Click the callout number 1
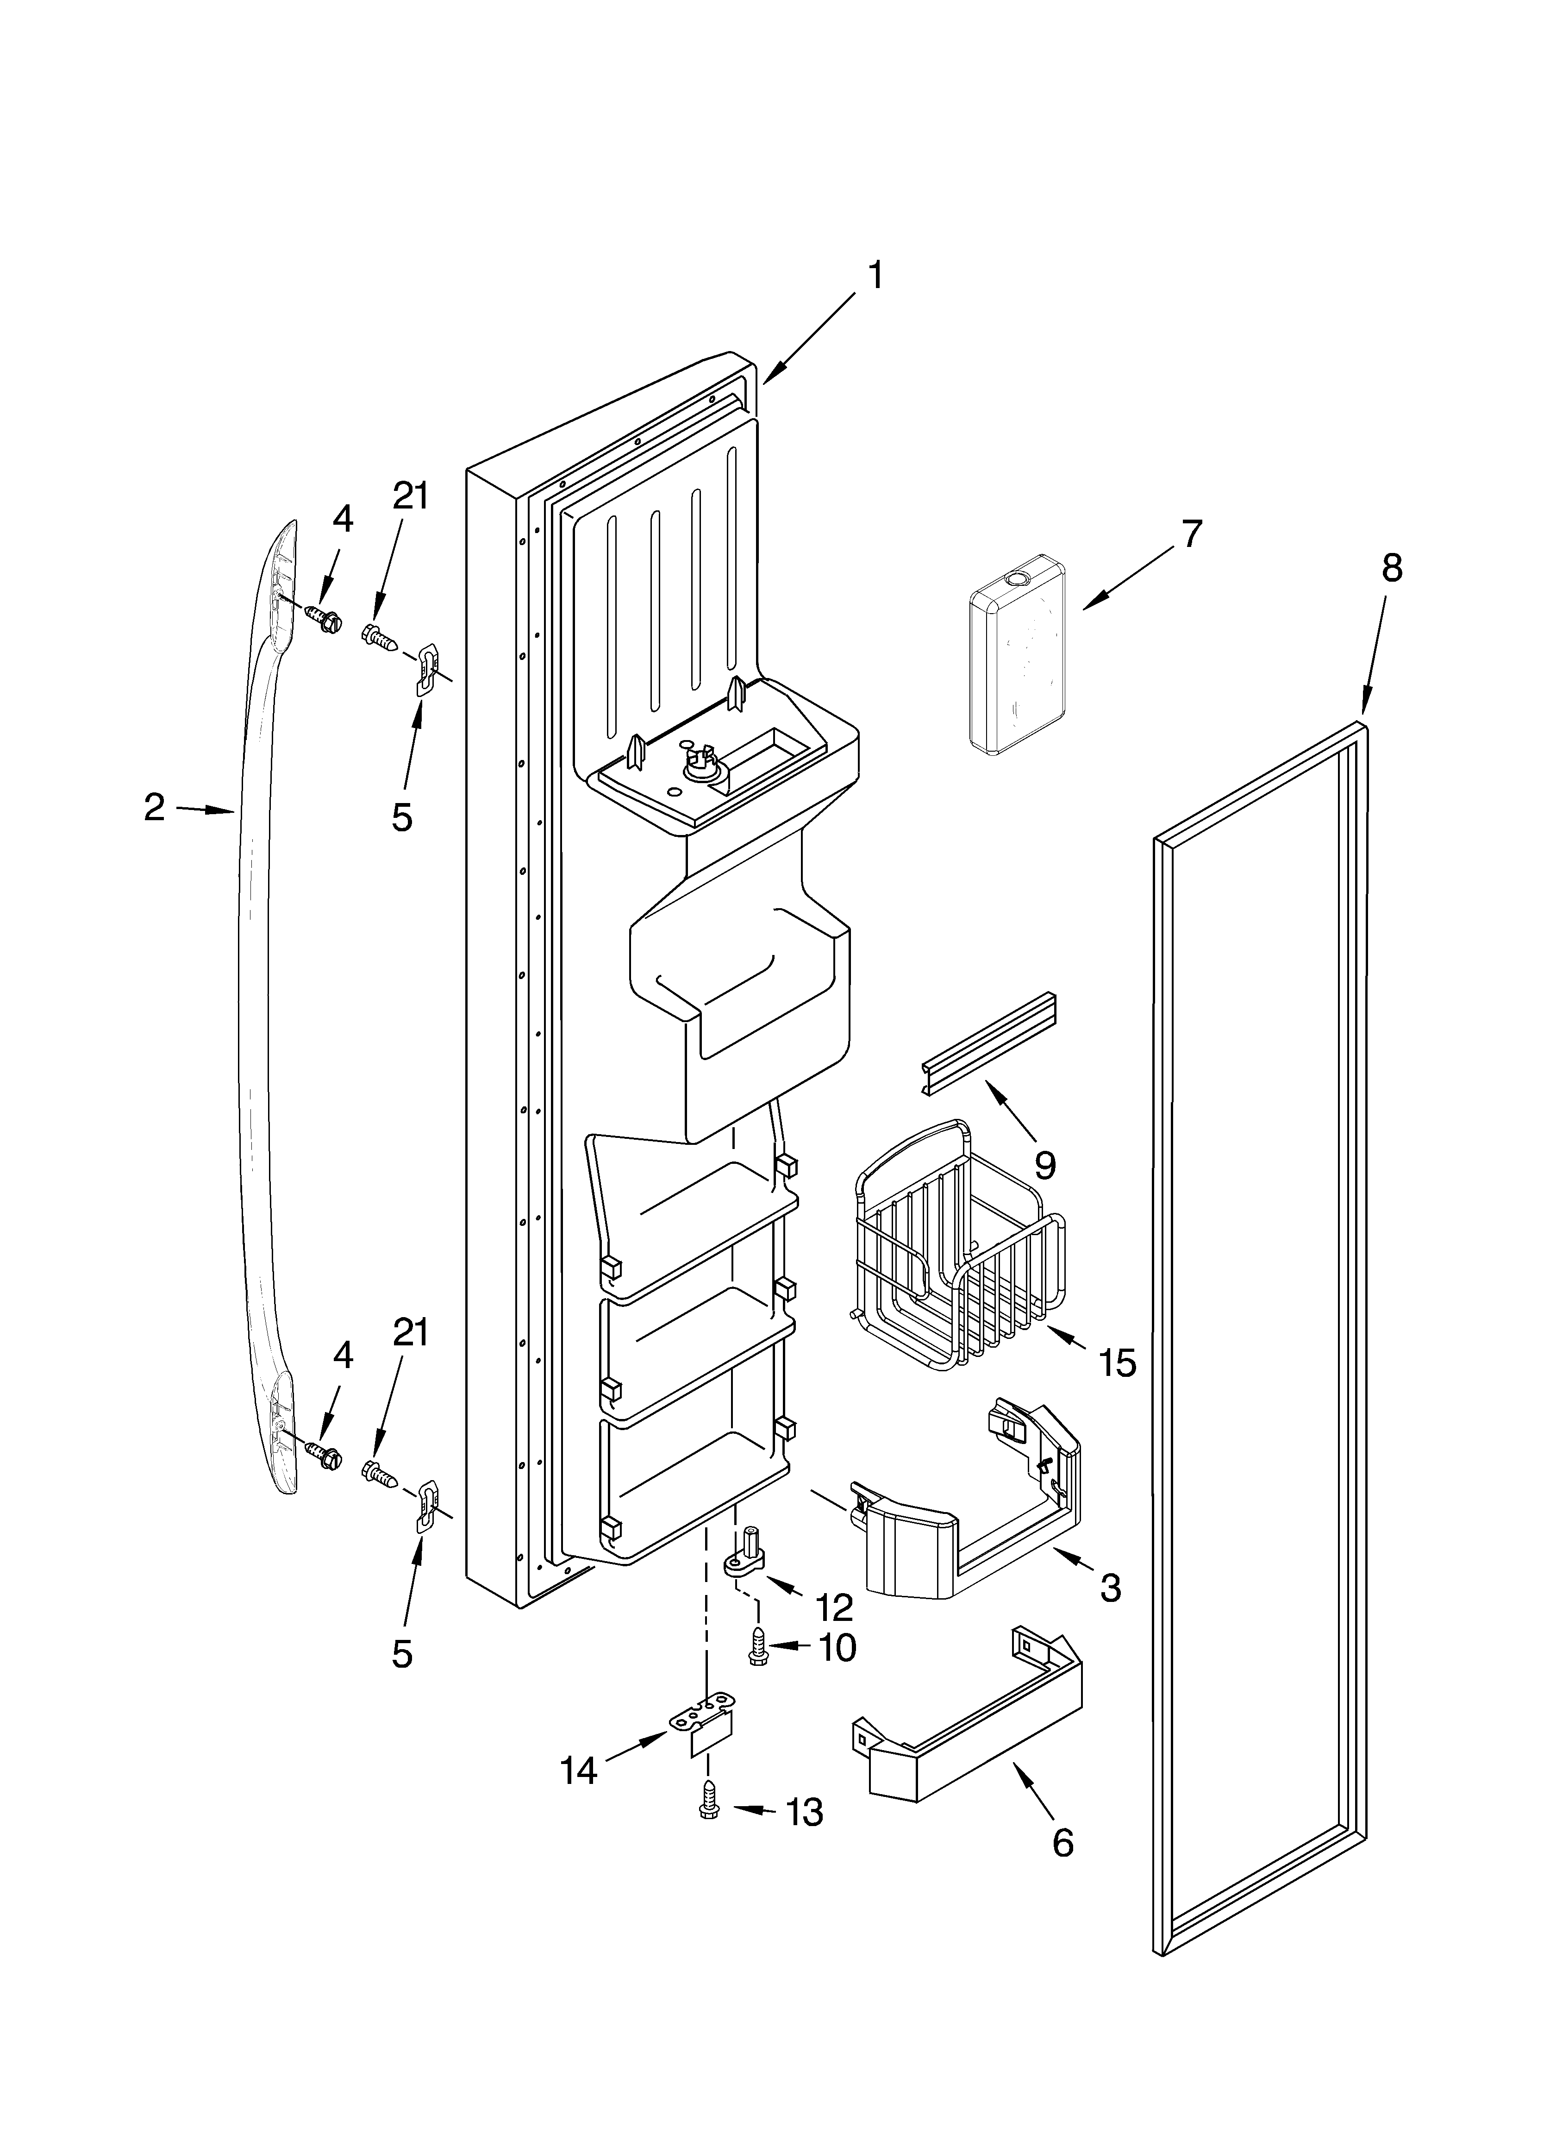pos(876,276)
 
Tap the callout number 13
pos(804,1813)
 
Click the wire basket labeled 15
pos(958,1246)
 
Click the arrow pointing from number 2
pos(205,809)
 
